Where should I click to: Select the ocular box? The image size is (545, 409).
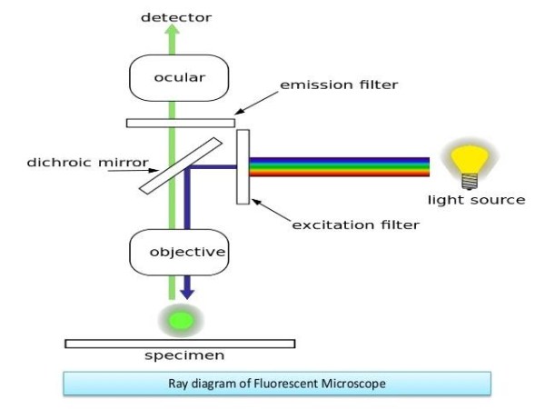point(179,78)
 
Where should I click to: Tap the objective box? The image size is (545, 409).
point(179,251)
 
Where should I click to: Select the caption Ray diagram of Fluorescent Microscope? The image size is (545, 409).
point(276,384)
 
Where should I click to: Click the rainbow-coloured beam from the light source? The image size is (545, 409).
point(341,166)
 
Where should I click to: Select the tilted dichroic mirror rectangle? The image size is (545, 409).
point(182,165)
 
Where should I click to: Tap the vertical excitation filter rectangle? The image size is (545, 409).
point(243,166)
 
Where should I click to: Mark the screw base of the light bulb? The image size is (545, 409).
point(470,182)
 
